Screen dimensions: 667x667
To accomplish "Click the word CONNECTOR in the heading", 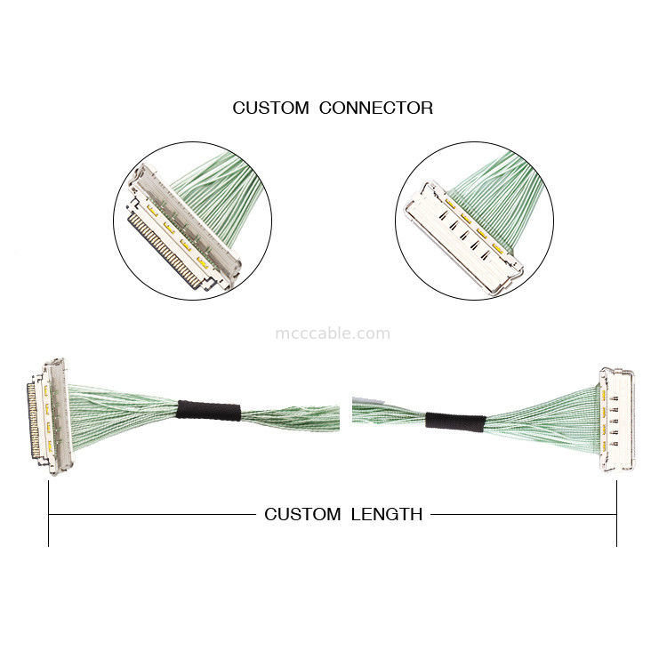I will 376,108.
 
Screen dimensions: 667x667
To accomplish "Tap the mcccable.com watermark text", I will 333,333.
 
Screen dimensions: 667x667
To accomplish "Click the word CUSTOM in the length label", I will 302,514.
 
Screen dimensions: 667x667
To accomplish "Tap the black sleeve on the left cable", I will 209,412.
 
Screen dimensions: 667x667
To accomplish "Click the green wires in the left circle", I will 213,182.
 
